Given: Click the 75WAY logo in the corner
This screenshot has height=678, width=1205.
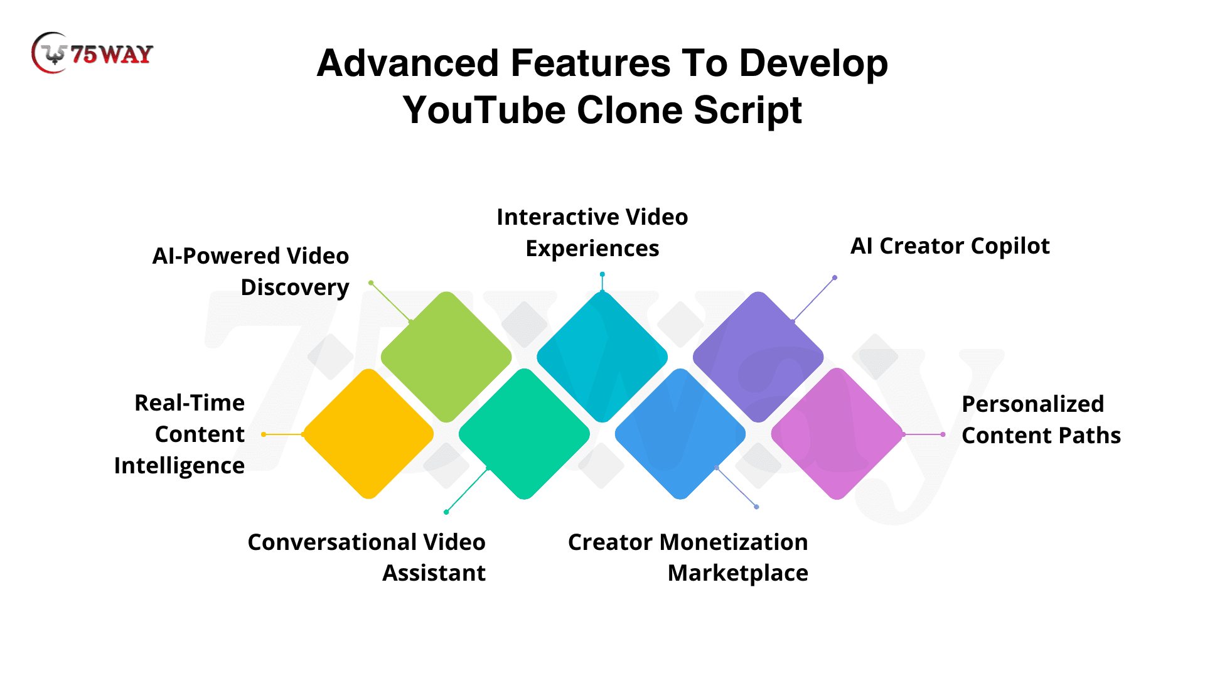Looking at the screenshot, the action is coord(92,53).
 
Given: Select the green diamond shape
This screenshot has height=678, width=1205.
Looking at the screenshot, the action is coord(446,357).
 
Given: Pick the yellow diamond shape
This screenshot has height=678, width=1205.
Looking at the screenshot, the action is coord(368,434).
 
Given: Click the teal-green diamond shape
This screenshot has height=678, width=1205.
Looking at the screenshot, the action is coord(524,434).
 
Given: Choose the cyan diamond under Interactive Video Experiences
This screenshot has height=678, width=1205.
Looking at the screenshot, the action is coord(602,357).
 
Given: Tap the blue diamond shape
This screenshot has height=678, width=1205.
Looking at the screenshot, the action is coord(680,434).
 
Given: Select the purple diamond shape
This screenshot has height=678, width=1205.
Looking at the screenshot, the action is coord(758,357).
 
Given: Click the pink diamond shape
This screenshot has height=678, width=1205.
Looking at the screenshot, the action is coord(837,434).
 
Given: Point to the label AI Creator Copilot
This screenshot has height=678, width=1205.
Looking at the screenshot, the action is coord(950,246).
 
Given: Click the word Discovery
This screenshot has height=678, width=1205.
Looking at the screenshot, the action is coord(295,288).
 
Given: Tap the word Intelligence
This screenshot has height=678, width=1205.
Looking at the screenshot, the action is coord(179,466).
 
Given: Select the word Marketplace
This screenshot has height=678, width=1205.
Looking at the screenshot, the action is coord(738,573).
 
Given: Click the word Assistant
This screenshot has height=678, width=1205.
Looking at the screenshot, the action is coord(434,573).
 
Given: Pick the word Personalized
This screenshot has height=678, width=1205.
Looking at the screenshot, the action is coord(1033,404).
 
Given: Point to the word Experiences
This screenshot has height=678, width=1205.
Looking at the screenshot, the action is coord(592,249).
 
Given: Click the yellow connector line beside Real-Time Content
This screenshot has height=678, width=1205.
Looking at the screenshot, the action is coord(284,434).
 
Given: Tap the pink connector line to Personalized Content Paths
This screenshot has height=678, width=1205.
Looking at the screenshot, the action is coord(923,434).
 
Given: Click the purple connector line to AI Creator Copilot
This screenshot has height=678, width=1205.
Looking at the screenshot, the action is coord(814,299).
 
